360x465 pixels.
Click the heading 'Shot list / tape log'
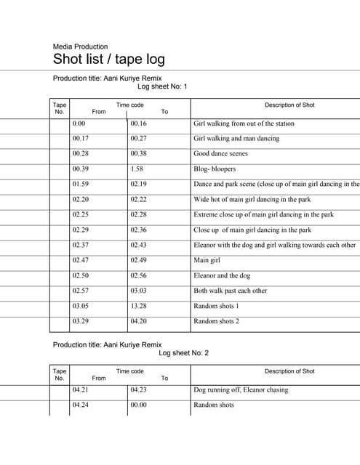point(109,60)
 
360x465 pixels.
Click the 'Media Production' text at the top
point(80,46)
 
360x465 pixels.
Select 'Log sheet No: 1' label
point(162,86)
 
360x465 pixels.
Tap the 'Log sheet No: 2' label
point(183,353)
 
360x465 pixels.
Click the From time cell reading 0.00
point(79,124)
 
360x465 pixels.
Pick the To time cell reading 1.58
point(137,169)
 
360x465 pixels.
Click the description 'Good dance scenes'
point(220,154)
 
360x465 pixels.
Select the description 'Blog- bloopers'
point(215,169)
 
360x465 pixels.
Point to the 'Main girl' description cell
point(207,260)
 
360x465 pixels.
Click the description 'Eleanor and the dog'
point(222,275)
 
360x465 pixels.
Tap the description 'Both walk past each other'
point(230,291)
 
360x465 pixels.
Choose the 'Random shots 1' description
point(216,306)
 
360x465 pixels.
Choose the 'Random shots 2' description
point(216,321)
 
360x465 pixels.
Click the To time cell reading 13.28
point(138,306)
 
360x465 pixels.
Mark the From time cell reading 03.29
point(80,321)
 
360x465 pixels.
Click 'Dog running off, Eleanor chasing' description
point(241,390)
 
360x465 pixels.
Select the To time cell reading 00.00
point(138,405)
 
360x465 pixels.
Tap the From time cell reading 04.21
point(80,390)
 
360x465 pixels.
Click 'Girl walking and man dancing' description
point(236,139)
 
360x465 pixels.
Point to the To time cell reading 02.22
point(138,199)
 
